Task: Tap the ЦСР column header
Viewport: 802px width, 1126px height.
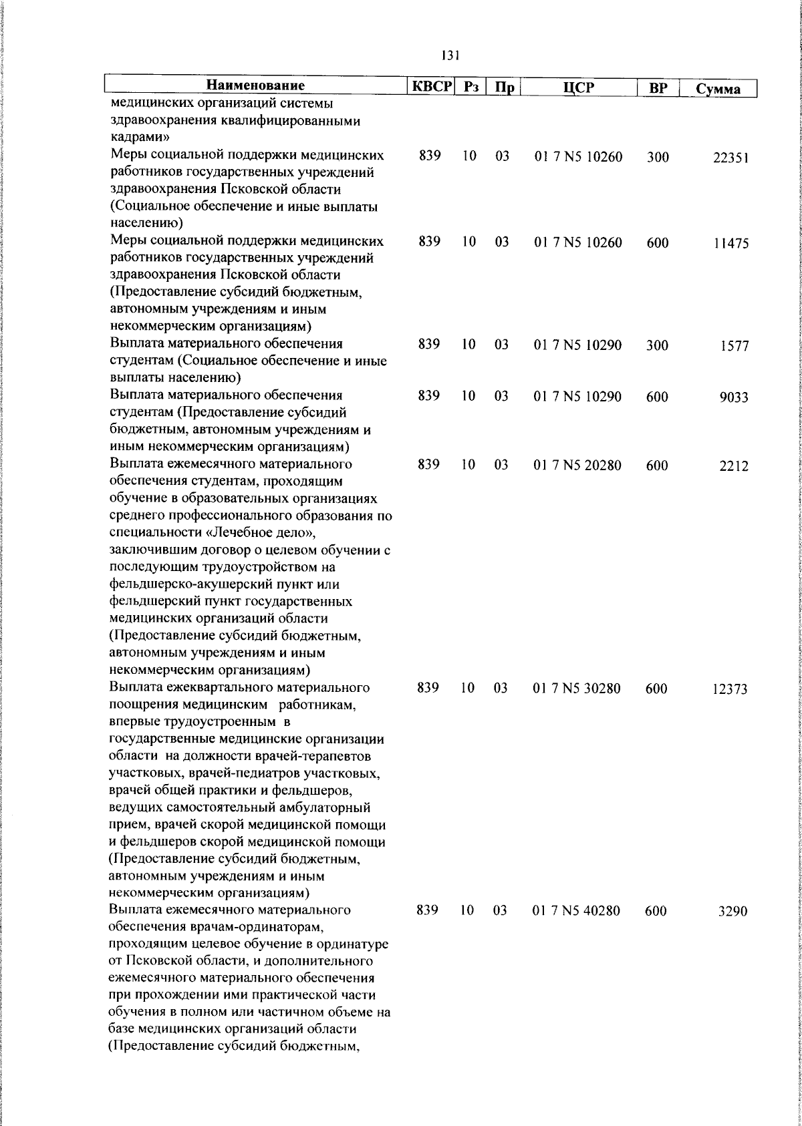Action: (x=579, y=87)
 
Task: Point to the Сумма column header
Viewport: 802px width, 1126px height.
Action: (x=718, y=89)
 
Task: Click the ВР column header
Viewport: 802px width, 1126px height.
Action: (x=658, y=88)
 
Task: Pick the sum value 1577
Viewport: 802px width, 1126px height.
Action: (x=734, y=347)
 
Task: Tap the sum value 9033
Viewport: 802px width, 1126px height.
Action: (x=733, y=398)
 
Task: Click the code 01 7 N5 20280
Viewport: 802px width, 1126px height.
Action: (x=578, y=465)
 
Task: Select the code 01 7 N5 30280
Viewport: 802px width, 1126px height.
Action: (x=577, y=689)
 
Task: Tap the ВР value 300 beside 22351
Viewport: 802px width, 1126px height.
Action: (x=658, y=158)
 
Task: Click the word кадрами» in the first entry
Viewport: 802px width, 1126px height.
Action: (x=139, y=138)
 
